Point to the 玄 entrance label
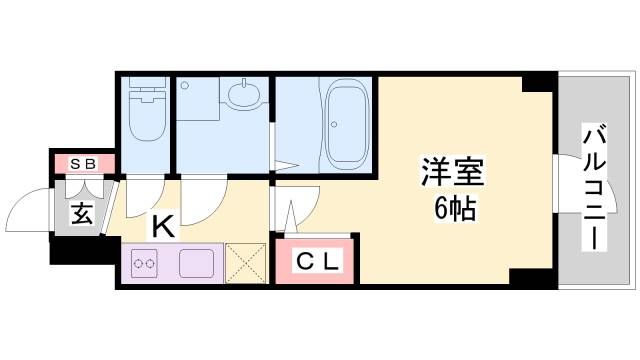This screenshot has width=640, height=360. tap(82, 215)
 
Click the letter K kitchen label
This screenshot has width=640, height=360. tap(162, 227)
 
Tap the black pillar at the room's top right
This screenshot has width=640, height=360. tap(538, 83)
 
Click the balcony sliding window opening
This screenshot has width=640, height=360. tap(555, 186)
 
